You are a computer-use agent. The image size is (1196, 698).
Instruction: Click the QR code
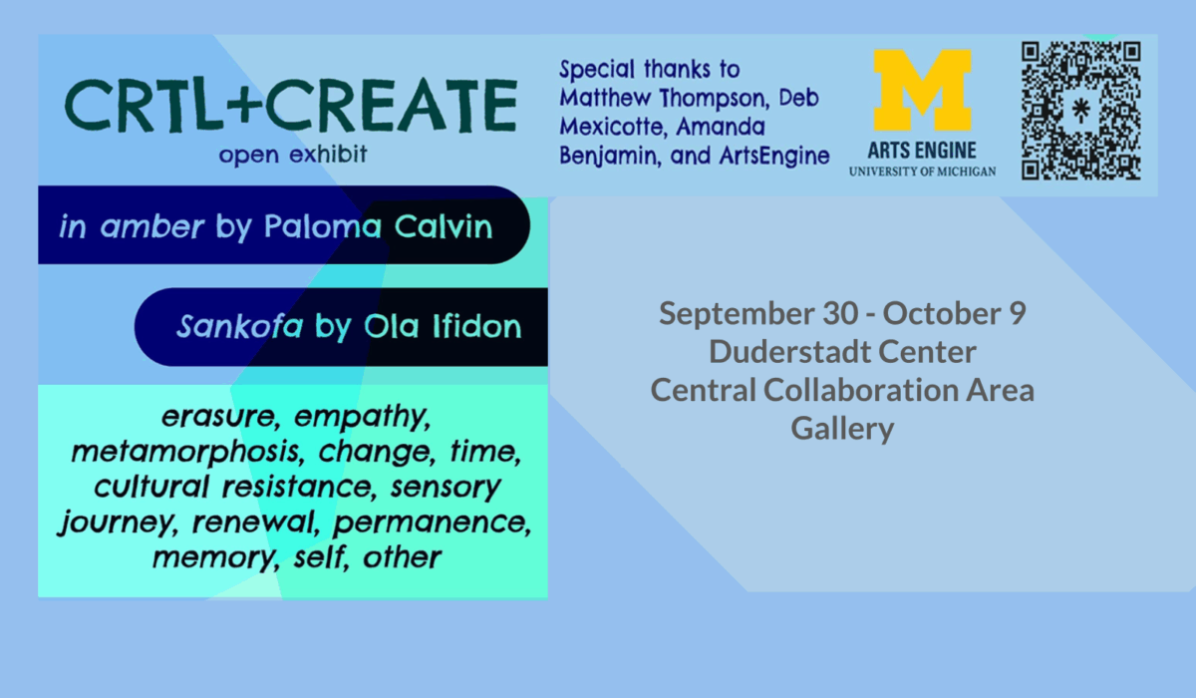(1081, 111)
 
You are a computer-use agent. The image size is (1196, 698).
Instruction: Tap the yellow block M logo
(922, 91)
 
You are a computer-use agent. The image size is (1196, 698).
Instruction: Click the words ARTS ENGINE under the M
(922, 151)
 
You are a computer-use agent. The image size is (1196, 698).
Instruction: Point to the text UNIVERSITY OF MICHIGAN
(922, 172)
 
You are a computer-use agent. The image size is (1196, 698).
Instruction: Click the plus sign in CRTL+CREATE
(244, 106)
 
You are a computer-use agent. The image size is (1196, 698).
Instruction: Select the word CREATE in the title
(392, 106)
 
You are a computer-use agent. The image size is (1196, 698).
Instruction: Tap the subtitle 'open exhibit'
(293, 155)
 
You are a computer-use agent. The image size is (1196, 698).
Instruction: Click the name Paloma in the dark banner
(323, 226)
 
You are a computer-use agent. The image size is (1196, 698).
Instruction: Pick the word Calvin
(444, 226)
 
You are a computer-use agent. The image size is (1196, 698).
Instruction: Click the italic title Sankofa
(240, 326)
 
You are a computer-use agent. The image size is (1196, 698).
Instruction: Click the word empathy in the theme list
(362, 417)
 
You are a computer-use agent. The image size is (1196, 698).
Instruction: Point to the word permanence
(432, 523)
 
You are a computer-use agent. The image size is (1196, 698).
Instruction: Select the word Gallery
(842, 429)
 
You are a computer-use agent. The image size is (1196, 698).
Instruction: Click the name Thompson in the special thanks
(714, 99)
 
